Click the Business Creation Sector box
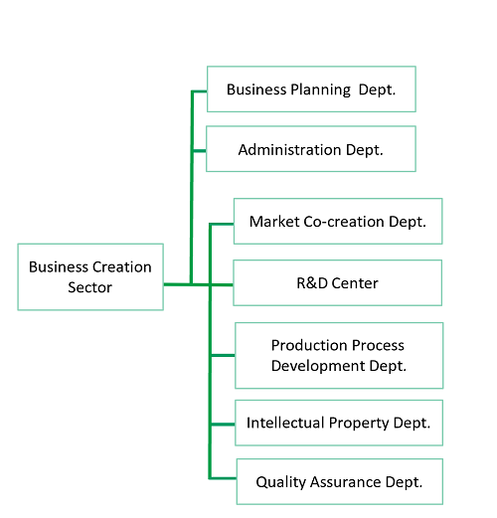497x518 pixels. coord(90,277)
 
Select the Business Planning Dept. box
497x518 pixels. coord(311,89)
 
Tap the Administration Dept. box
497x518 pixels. coord(311,149)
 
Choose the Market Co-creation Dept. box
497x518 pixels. coord(338,221)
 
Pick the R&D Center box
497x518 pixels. coord(338,282)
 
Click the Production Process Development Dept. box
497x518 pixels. coord(339,355)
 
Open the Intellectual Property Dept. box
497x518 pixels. coord(339,423)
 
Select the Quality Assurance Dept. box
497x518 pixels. coord(340,481)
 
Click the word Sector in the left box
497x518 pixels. coord(90,287)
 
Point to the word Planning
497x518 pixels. coord(320,89)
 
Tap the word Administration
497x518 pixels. coord(289,150)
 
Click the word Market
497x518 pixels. coord(274,222)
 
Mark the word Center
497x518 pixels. coord(355,283)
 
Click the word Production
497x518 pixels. coord(309,345)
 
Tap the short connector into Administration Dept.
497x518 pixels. coord(199,151)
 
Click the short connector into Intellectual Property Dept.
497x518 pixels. coord(223,425)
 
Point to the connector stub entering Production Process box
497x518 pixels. coord(223,355)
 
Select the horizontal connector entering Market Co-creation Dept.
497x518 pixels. coord(222,224)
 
